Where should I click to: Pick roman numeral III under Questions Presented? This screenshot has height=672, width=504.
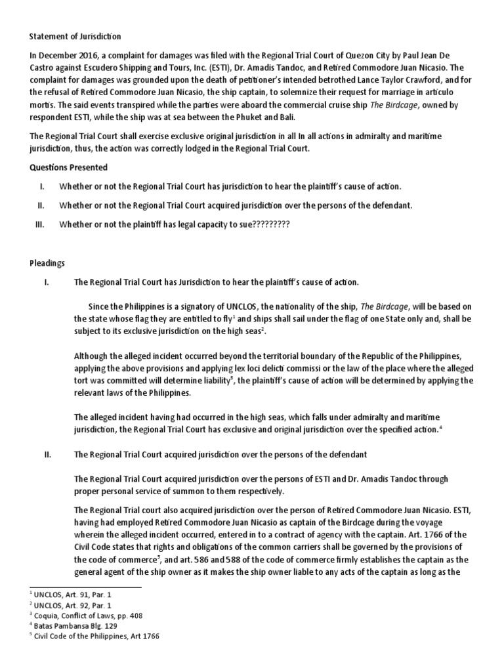point(40,224)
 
